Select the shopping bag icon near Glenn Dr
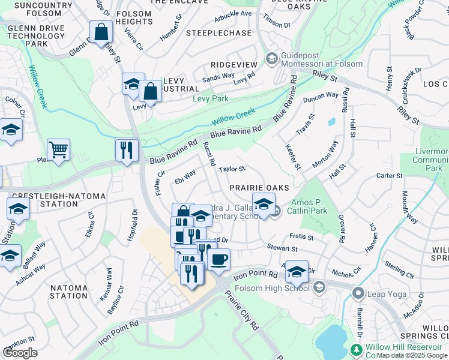(x=101, y=31)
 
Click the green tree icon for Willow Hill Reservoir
(x=357, y=349)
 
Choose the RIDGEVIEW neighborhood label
(x=234, y=64)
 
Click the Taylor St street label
(x=232, y=170)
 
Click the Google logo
(x=20, y=352)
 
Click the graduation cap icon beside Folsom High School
(x=296, y=271)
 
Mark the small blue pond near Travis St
(x=332, y=122)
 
